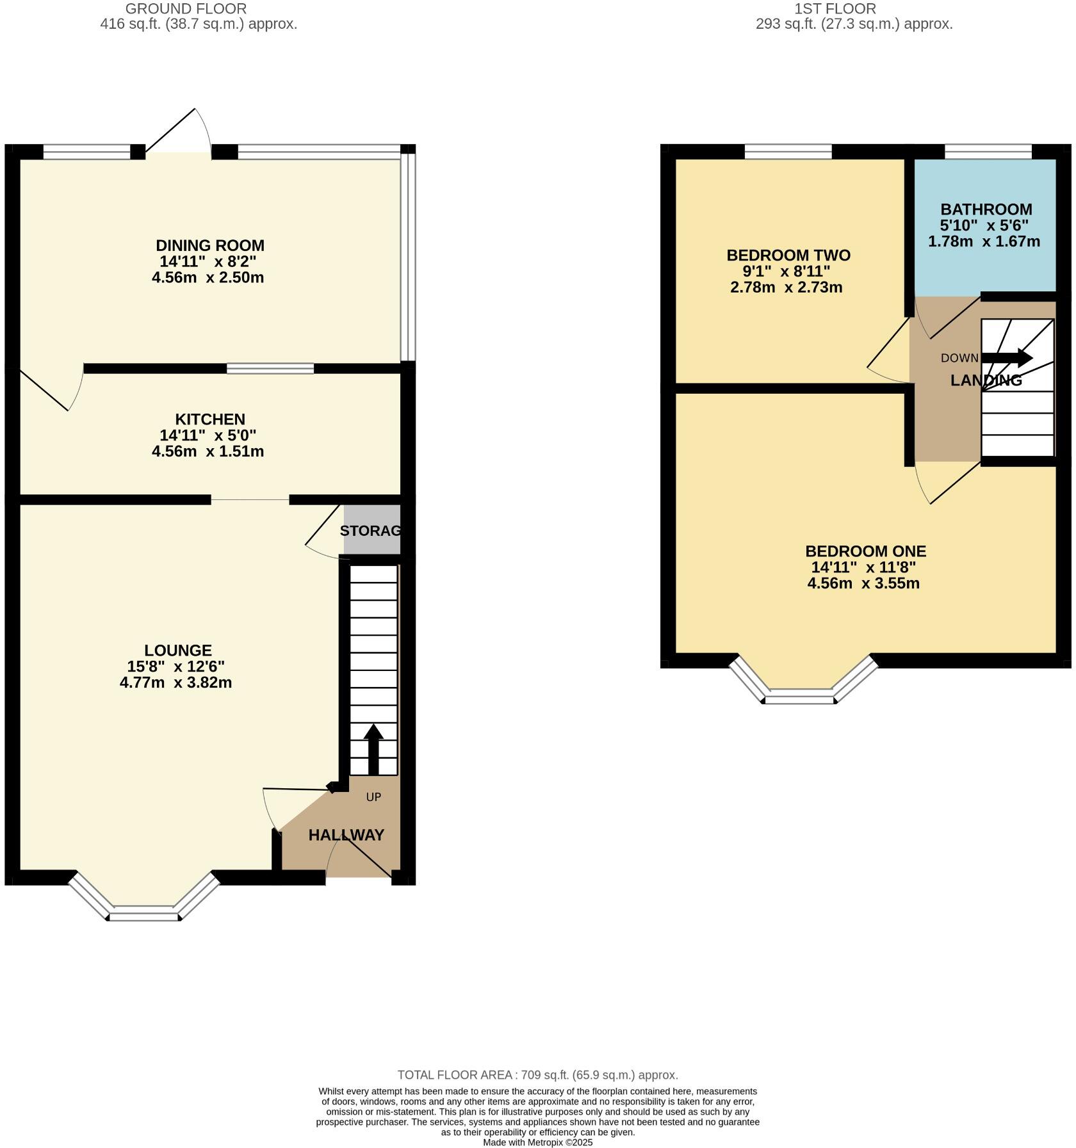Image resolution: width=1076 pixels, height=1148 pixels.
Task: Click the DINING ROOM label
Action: point(210,246)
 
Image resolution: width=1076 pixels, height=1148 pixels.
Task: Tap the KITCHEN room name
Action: point(210,419)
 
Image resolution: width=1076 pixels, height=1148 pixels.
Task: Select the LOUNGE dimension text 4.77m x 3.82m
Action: point(175,683)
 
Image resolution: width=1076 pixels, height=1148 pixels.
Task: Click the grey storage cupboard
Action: point(372,530)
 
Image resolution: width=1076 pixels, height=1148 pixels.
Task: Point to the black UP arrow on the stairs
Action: point(373,749)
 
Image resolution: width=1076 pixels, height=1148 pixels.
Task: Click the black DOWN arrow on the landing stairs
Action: point(1007,358)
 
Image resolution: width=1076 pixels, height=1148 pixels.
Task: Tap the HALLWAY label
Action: point(346,835)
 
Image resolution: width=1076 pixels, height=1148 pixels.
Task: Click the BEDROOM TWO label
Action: point(788,255)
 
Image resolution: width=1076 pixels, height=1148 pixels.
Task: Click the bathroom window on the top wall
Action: point(988,152)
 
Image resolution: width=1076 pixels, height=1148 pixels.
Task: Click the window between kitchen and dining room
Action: point(270,368)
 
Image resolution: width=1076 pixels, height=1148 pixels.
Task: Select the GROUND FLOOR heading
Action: point(186,9)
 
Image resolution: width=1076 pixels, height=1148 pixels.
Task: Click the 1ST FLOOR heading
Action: point(835,9)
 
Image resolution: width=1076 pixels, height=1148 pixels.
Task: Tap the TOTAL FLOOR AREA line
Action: point(537,1075)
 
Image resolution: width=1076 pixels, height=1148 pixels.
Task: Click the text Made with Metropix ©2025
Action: point(537,1142)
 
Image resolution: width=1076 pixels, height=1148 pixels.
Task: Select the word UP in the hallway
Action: point(373,797)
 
